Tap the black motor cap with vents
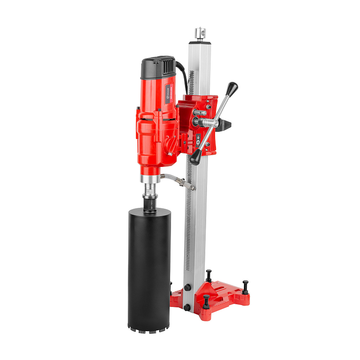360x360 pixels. point(158,67)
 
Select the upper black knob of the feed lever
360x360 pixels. point(233,87)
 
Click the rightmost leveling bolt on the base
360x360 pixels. point(245,287)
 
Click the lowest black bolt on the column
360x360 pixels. point(187,307)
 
